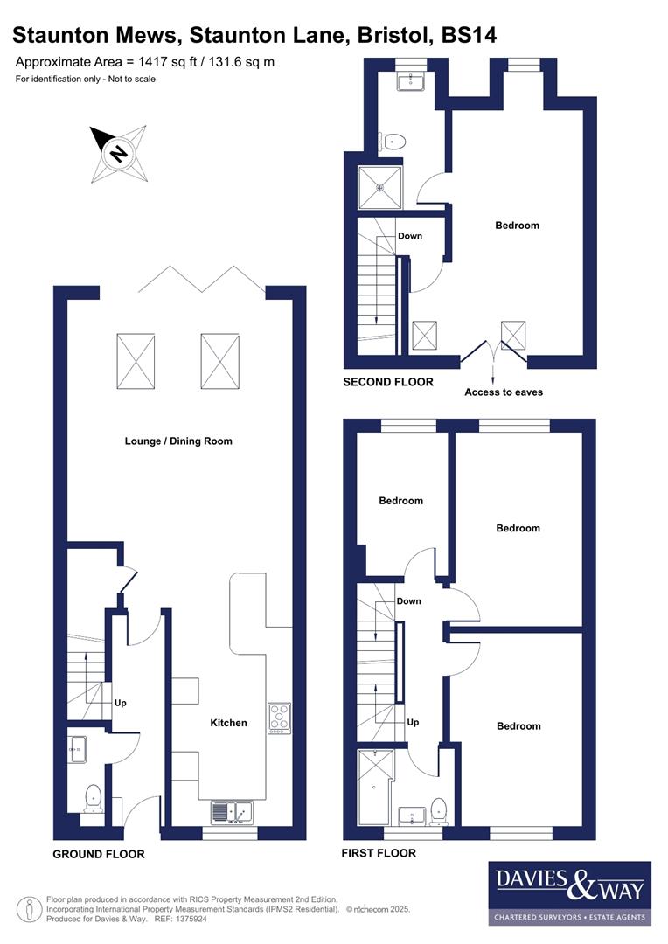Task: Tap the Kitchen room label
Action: coord(228,723)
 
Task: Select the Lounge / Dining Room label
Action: coord(178,441)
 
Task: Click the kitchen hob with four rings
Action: coord(279,717)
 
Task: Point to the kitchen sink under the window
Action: coord(231,812)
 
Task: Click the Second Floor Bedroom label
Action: coord(517,226)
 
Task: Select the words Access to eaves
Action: coord(503,392)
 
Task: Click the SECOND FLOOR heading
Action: coord(387,382)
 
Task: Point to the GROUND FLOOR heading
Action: coord(99,854)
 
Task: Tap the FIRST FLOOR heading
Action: coord(379,853)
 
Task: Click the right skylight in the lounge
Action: coord(220,362)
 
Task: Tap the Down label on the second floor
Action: coord(410,236)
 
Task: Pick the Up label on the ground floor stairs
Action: coord(121,703)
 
